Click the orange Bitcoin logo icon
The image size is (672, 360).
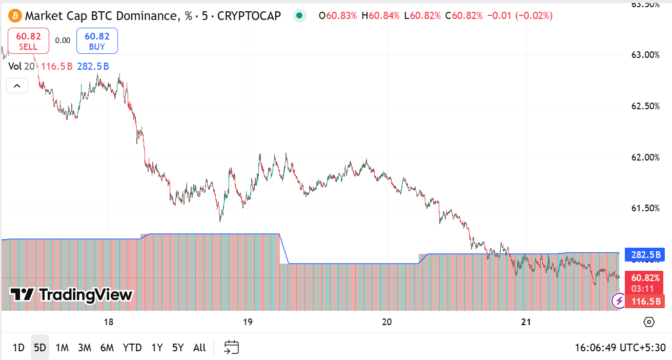pos(14,16)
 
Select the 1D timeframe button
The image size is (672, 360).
pos(18,348)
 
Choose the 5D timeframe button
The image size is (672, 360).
pos(40,348)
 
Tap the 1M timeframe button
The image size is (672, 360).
pos(62,348)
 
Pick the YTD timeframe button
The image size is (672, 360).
pos(132,348)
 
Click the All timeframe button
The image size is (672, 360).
pos(199,348)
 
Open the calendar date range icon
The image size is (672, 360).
pos(232,348)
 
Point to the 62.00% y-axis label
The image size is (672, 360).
pos(645,157)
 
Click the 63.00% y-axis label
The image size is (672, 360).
pos(645,54)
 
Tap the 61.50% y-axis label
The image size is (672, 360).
pos(645,208)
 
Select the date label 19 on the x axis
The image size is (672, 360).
pos(248,322)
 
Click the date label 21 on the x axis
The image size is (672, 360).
pos(525,322)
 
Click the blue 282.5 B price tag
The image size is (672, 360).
pos(645,254)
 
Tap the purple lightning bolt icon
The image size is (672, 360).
pos(619,300)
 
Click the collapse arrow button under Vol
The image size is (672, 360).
pos(17,86)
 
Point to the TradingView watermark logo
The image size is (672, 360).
pos(72,295)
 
